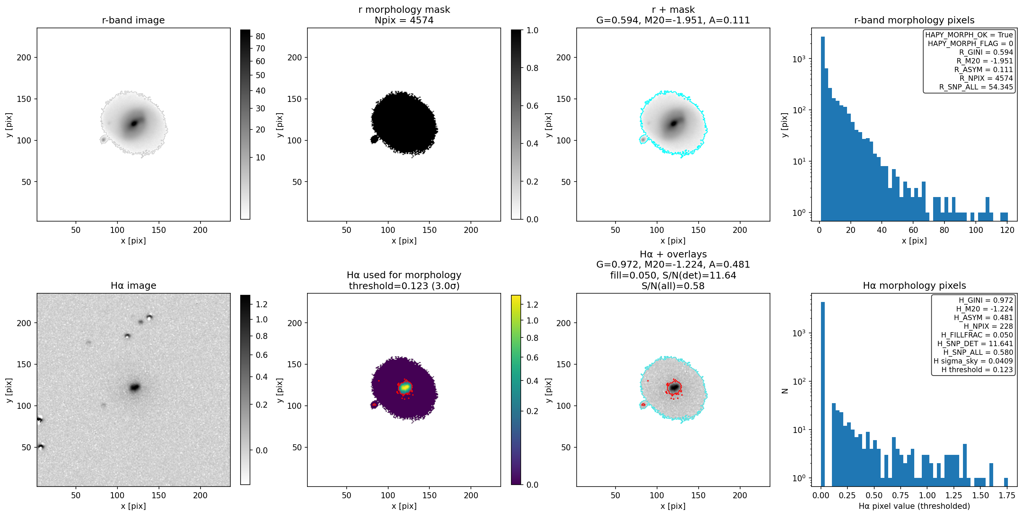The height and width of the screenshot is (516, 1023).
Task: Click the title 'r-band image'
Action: click(133, 20)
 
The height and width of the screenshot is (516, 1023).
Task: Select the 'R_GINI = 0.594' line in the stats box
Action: click(986, 52)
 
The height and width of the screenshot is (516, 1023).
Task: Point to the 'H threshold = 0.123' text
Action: click(977, 370)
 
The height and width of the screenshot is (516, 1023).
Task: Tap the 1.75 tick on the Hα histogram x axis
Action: click(1006, 495)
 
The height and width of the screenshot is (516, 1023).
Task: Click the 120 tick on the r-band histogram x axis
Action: click(1007, 230)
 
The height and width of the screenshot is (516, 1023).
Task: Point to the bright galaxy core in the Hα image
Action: click(135, 387)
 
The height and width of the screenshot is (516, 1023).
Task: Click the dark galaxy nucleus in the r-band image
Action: click(134, 123)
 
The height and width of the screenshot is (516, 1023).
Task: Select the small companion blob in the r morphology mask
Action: click(374, 139)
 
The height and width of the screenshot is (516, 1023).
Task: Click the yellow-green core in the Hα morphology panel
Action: click(405, 387)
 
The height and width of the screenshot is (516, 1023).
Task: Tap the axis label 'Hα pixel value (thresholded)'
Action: click(914, 506)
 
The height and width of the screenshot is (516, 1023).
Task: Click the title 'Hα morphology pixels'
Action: click(914, 286)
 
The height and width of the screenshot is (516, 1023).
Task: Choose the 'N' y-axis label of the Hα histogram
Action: click(785, 391)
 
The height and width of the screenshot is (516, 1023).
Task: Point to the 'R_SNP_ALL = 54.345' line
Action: click(976, 87)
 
